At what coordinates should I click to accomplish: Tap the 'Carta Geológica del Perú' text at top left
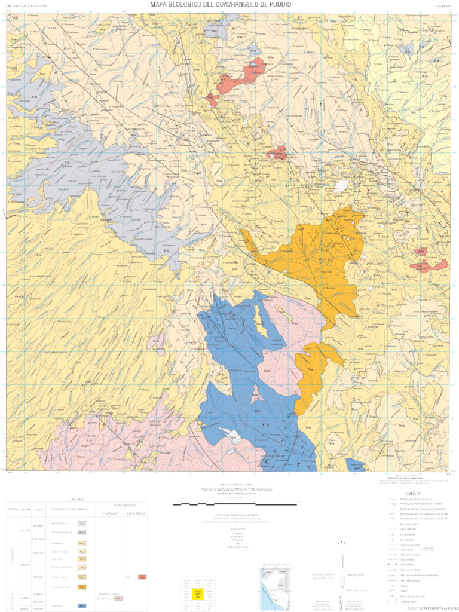27,5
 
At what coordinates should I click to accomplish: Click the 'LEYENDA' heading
76,498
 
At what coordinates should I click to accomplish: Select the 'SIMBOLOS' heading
413,494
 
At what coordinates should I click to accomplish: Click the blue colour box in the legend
82,605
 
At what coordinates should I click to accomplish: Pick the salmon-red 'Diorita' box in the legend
142,577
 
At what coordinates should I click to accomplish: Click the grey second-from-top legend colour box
82,531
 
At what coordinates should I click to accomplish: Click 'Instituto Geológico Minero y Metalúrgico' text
236,489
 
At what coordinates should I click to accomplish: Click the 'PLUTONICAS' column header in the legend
109,513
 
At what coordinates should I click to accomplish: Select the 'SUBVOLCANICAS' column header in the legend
137,513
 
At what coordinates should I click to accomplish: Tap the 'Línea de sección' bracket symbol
392,601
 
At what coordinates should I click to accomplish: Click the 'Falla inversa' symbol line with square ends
392,564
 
